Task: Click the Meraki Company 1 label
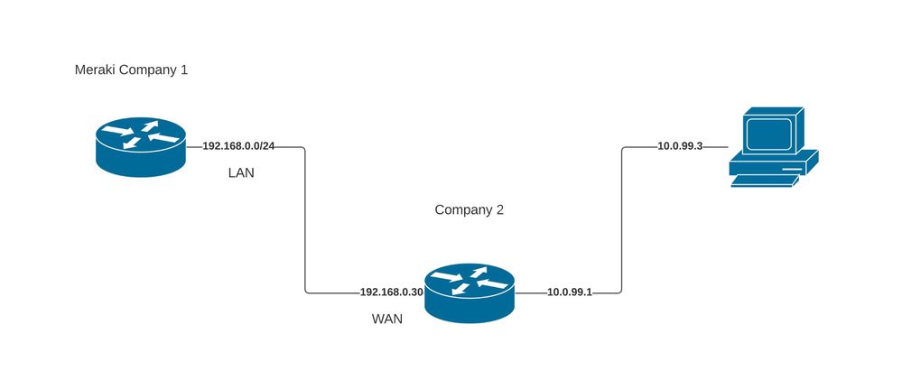click(x=131, y=70)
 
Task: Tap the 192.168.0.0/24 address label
click(x=239, y=146)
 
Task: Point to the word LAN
click(x=241, y=172)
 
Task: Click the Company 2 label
click(x=469, y=210)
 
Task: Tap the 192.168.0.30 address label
click(x=392, y=292)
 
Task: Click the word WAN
click(x=387, y=319)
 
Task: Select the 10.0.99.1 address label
click(x=569, y=292)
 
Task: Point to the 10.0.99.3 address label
click(x=681, y=146)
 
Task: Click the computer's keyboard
click(x=764, y=181)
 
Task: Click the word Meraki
click(x=94, y=70)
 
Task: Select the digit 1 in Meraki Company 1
click(x=184, y=70)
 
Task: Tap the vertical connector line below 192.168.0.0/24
click(x=305, y=221)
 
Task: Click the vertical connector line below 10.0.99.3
click(x=622, y=221)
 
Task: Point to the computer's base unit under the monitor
click(x=773, y=163)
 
